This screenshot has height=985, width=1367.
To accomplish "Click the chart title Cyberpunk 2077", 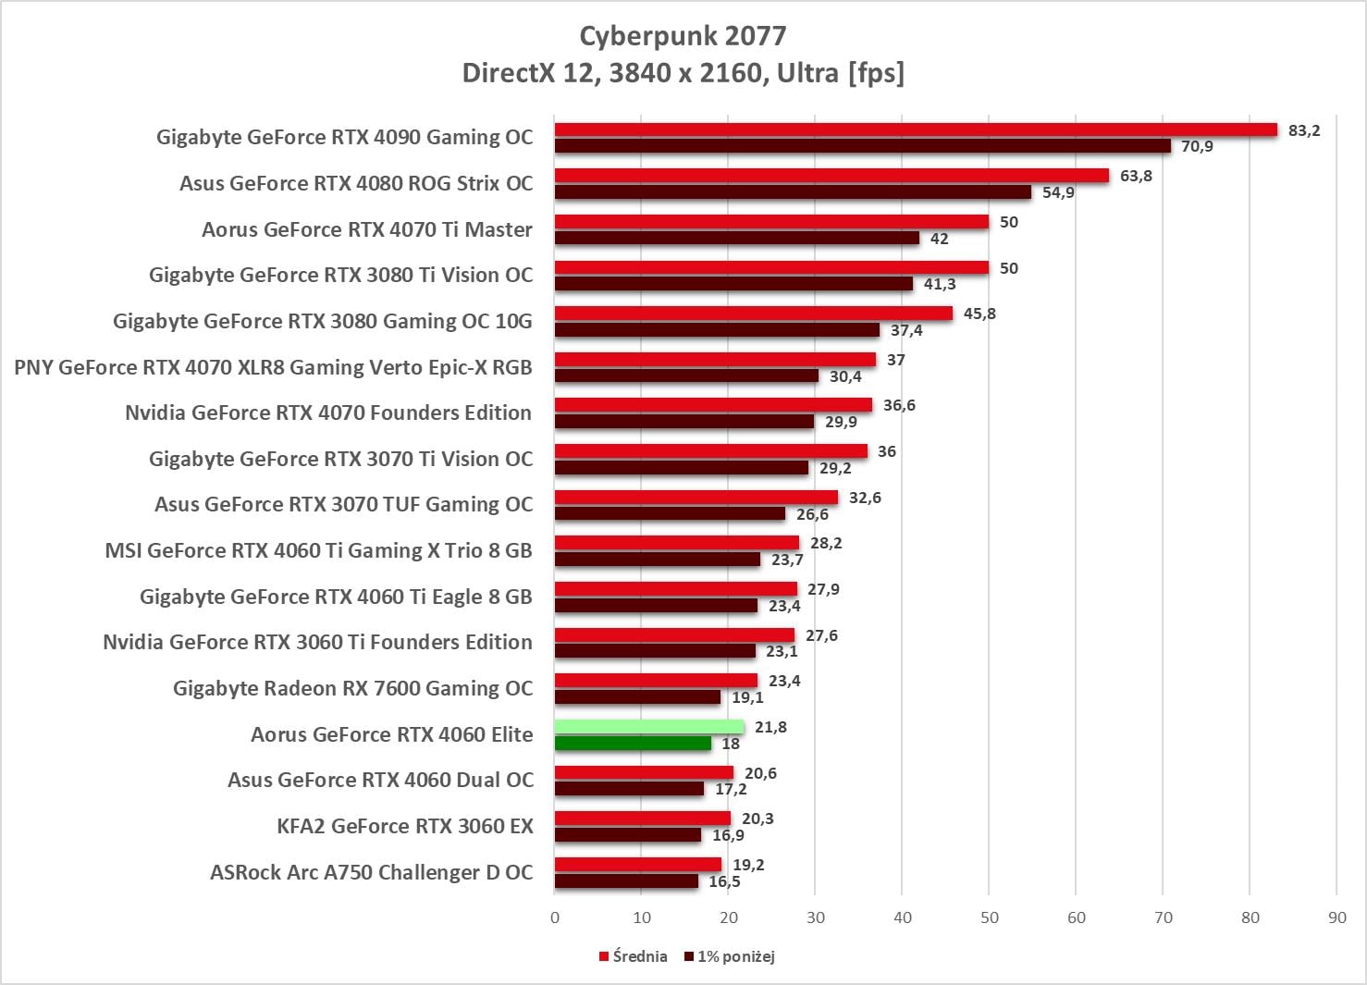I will pos(683,36).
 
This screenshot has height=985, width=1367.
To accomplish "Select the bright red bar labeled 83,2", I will pos(916,129).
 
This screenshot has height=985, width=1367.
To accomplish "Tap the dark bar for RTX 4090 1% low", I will pos(862,146).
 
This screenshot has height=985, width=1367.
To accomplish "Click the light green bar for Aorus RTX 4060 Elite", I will pos(649,727).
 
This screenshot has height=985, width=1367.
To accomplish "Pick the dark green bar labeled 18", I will pos(633,744).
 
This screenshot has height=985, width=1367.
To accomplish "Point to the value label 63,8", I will pos(1136,176).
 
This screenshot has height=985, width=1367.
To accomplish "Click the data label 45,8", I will pos(979,314).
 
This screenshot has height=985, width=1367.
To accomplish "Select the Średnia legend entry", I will pos(634,956).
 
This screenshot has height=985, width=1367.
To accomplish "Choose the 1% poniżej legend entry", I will pos(730,956).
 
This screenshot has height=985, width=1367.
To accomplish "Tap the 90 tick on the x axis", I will pos(1336,917).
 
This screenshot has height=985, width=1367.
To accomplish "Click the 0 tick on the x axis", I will pos(555,917).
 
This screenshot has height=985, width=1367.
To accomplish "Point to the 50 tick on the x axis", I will pos(990,917).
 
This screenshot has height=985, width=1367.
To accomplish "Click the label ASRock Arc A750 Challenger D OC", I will pos(371,872).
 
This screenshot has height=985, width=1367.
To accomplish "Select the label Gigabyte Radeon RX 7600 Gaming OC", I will pos(352,688).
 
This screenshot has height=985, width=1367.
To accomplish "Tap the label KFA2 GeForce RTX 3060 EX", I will pos(405,826).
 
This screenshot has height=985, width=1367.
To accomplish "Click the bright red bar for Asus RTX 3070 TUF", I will pos(696,498).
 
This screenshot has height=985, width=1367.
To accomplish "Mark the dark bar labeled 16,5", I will pos(626,881).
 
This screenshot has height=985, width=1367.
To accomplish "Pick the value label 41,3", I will pos(940,284).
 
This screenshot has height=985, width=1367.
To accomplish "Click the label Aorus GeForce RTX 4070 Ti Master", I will pos(367,229).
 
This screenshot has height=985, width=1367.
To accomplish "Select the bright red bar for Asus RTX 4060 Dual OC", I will pos(644,773).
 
